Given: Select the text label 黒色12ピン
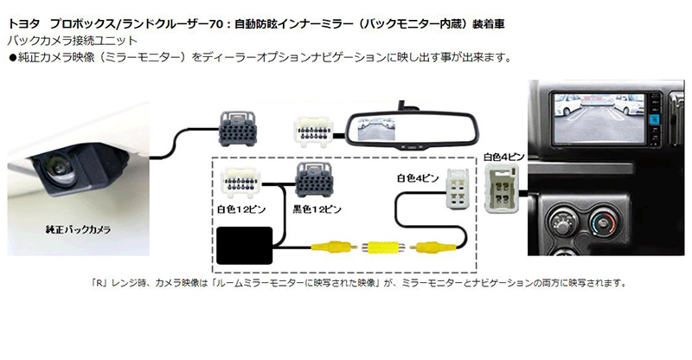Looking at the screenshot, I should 316,209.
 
